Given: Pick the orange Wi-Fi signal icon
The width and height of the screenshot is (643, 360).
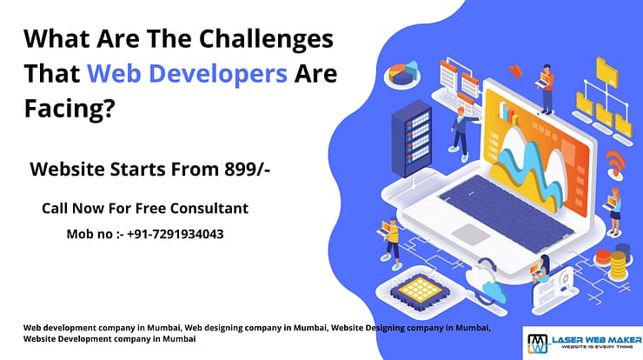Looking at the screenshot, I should click(x=615, y=161).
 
